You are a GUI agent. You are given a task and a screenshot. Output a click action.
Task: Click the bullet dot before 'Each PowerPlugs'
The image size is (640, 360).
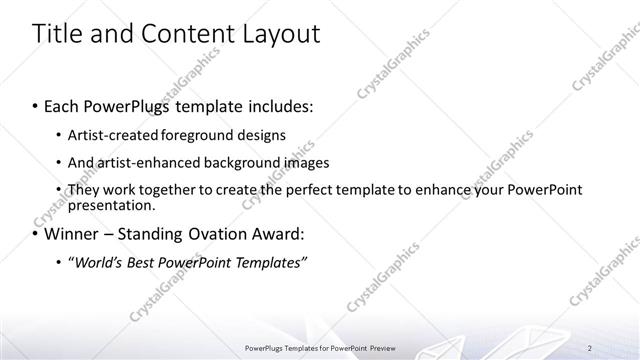[x=37, y=106]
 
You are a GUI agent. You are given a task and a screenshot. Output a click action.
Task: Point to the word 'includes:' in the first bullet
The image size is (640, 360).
[x=280, y=106]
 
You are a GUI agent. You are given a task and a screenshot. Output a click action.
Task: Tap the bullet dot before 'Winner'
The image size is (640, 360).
[x=37, y=235]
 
